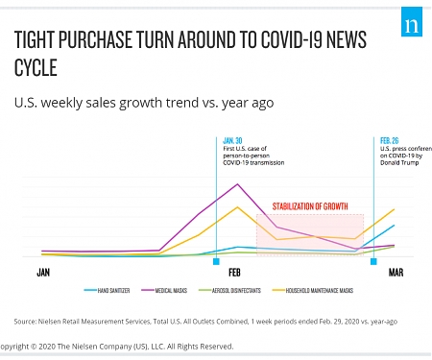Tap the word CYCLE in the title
coord(36,69)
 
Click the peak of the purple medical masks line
coord(237,184)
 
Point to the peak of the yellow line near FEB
coord(237,206)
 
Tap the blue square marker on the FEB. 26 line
coord(373,259)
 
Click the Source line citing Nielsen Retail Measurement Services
coord(205,322)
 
